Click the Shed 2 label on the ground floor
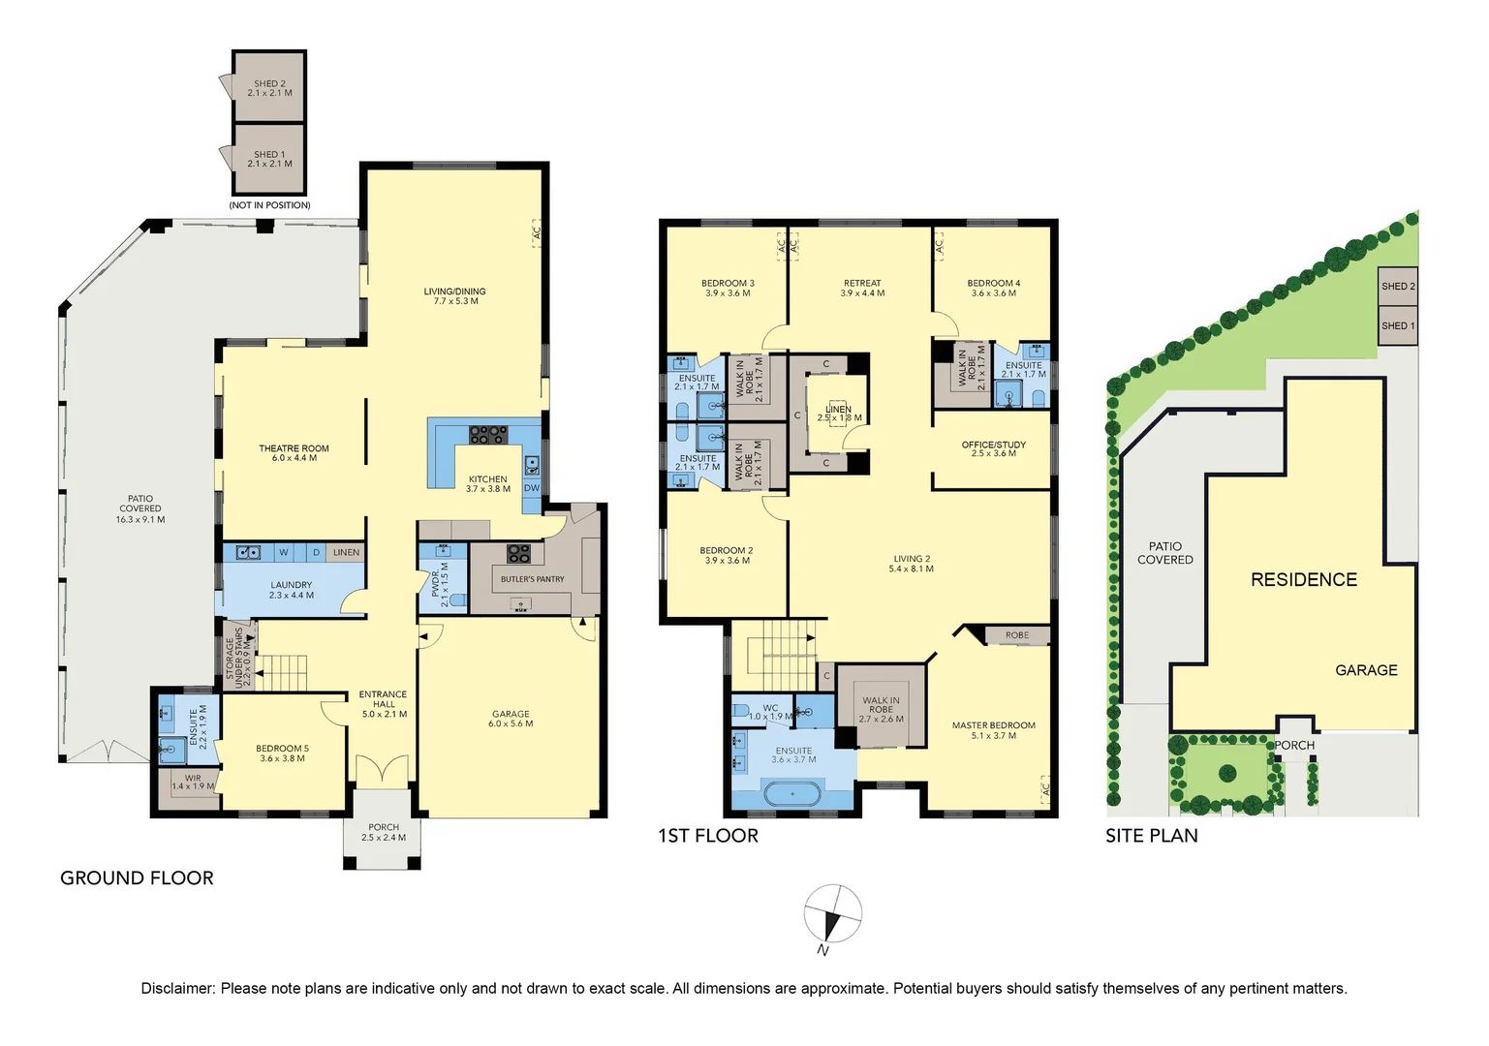(x=269, y=84)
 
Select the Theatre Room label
(x=294, y=448)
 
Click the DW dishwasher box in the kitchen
(x=532, y=488)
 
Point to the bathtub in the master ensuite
(x=793, y=794)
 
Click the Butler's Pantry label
(x=532, y=579)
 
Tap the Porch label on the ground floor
(x=384, y=828)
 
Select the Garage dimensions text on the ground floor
(x=511, y=724)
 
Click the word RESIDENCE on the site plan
(x=1303, y=580)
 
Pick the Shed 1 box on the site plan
(x=1397, y=325)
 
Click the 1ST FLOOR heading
(x=707, y=836)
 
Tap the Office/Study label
(x=993, y=445)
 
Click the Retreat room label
(x=861, y=284)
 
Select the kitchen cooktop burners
(x=487, y=435)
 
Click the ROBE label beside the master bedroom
(x=1016, y=635)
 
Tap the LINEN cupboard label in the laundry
(x=346, y=552)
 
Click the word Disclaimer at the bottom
(x=176, y=989)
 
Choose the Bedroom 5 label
(x=282, y=749)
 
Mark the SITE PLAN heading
(x=1151, y=836)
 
